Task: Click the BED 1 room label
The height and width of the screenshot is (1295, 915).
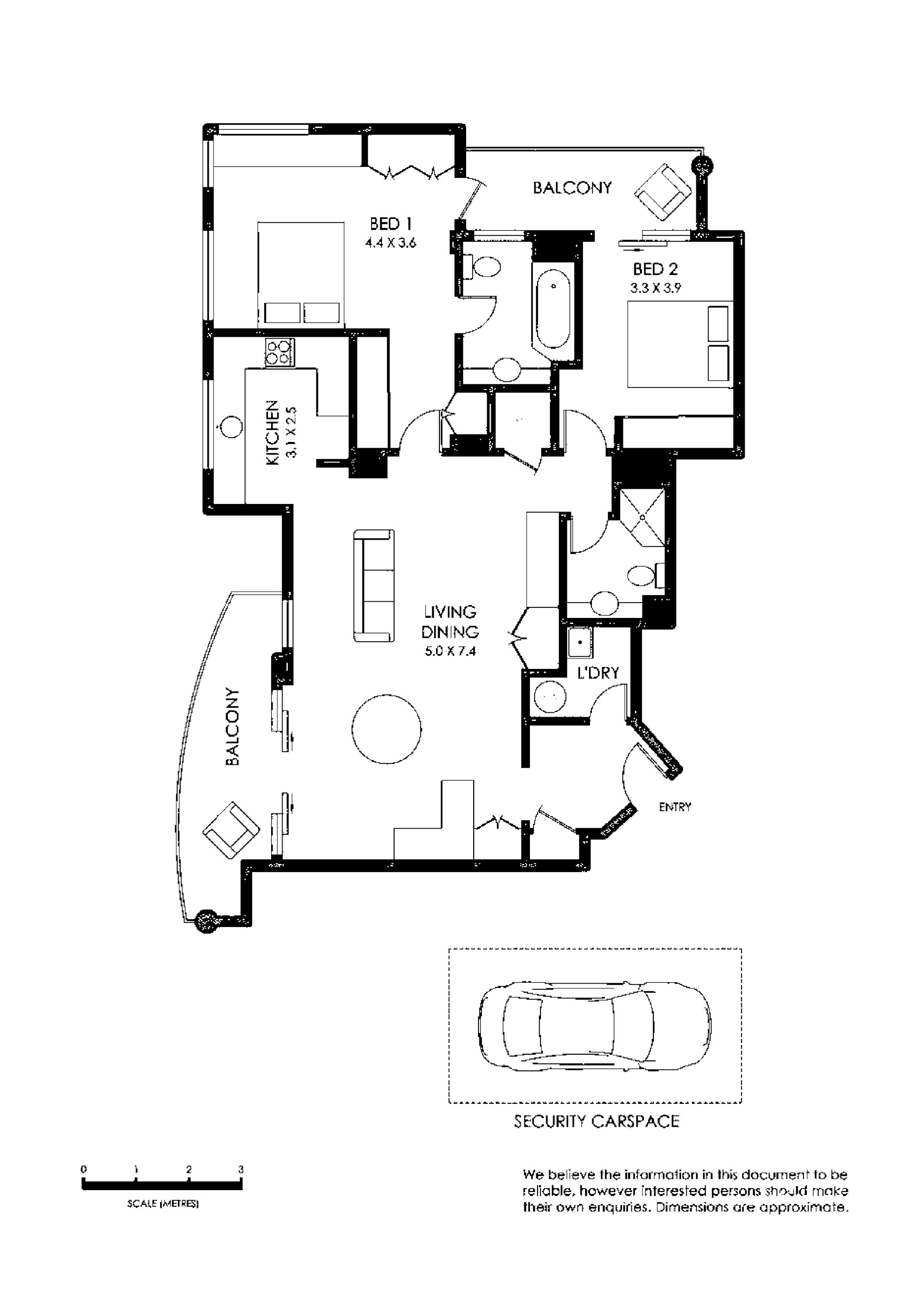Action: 391,224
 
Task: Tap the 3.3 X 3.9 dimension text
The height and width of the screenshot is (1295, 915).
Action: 656,288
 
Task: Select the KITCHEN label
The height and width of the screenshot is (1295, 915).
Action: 272,432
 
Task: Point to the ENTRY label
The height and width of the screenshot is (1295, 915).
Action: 675,807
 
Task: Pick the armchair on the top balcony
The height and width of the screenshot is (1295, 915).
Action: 663,194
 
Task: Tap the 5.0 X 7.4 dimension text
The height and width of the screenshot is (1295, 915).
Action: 450,651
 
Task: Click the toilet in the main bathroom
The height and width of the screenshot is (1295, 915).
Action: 481,267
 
